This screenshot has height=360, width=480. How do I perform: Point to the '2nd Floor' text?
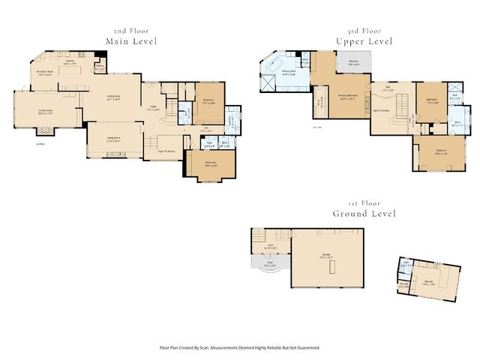(x=131, y=31)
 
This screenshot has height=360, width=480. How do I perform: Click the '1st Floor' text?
(x=364, y=203)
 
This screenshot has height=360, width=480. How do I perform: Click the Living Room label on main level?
(x=111, y=139)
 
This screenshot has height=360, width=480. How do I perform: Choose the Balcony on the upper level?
(x=354, y=63)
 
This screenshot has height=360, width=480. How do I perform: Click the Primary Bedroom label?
(x=346, y=97)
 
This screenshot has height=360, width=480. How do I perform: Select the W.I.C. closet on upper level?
(x=319, y=101)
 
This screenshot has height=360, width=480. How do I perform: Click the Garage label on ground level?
(x=326, y=256)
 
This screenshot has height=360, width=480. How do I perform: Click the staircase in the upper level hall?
(x=403, y=101)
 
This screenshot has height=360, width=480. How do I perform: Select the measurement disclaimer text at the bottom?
(x=240, y=347)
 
